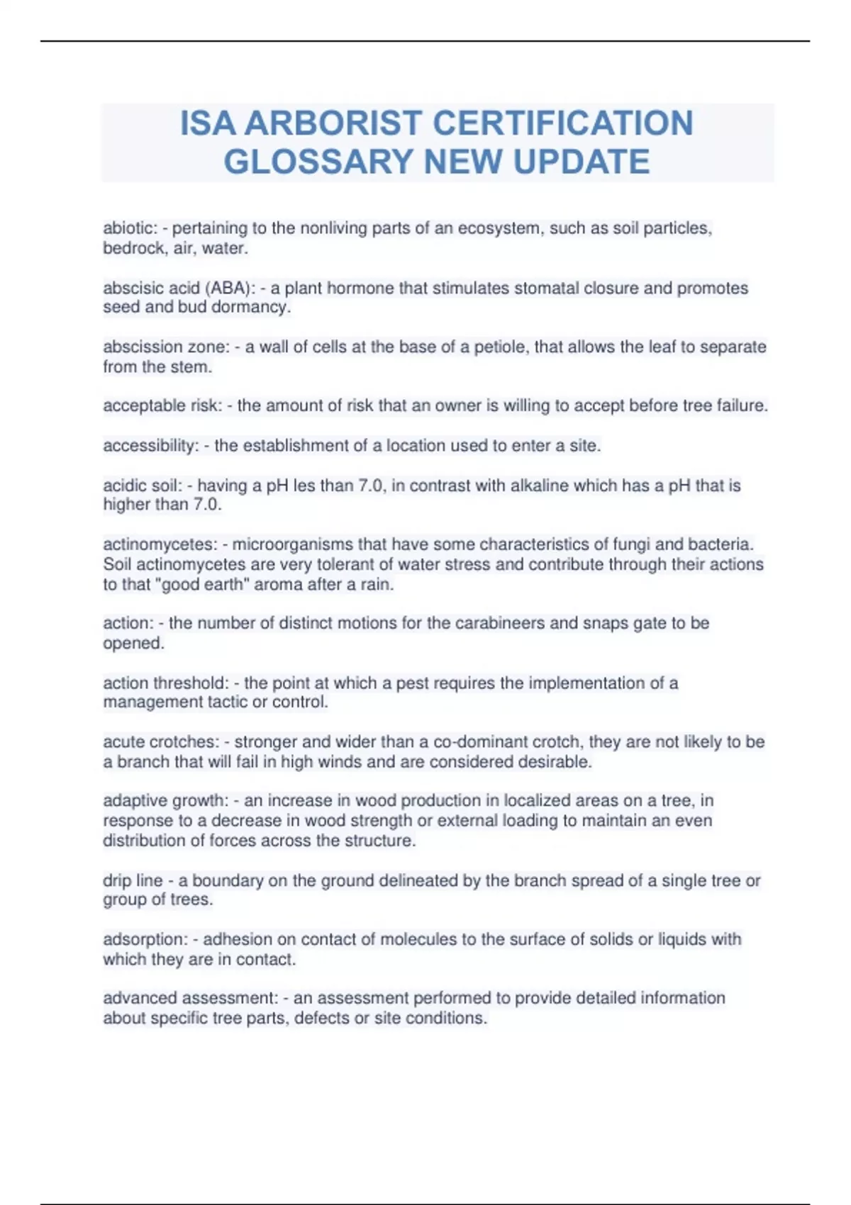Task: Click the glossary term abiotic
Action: (x=128, y=228)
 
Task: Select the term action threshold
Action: (x=165, y=683)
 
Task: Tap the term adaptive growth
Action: (x=165, y=800)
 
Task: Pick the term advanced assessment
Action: (x=189, y=998)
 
